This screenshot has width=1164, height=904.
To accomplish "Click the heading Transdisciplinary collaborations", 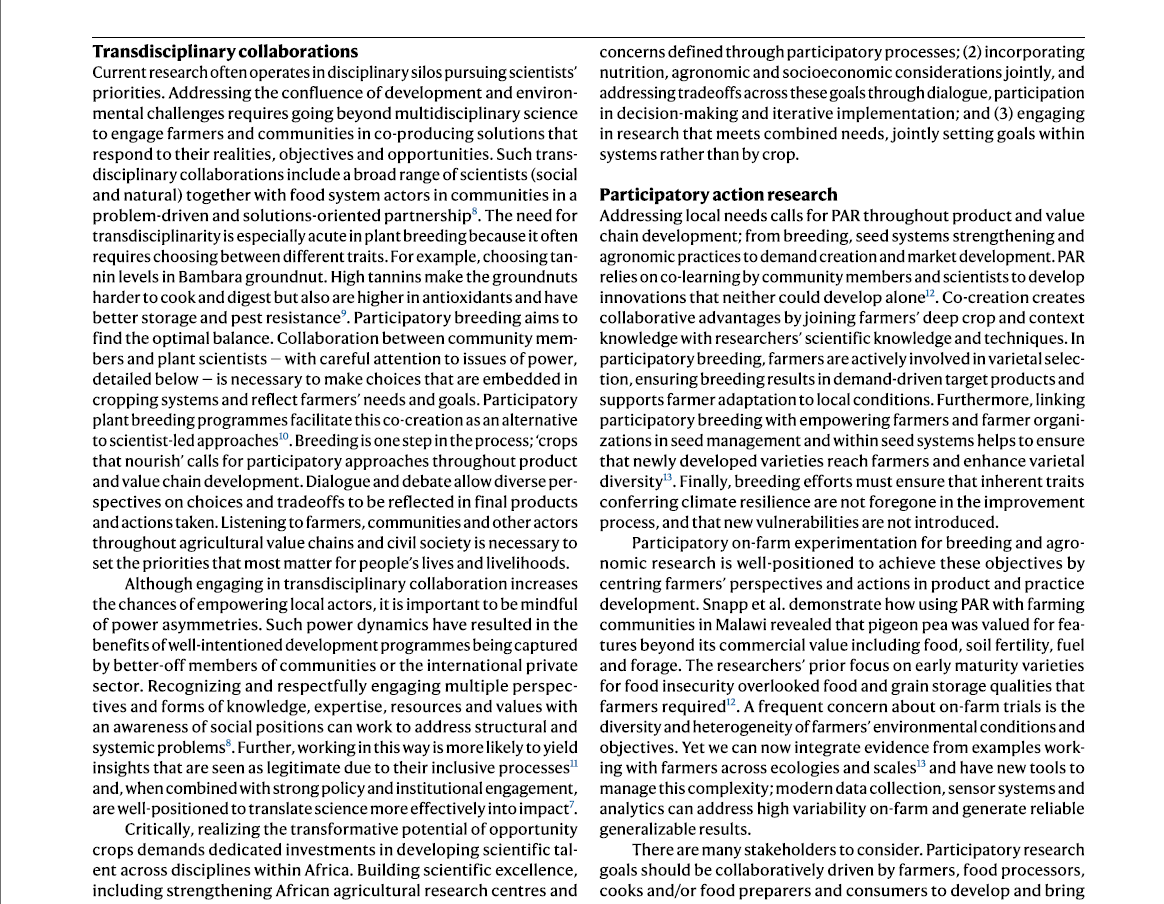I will [225, 51].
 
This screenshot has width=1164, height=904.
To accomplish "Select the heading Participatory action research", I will [718, 194].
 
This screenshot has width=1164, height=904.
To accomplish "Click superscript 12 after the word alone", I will [929, 293].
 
